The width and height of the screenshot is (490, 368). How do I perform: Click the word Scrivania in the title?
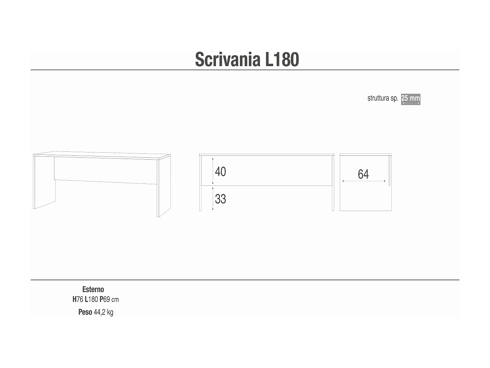tap(228, 60)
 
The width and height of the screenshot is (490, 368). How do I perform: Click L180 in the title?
tap(282, 60)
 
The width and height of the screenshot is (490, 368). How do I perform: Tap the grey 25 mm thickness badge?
tap(411, 99)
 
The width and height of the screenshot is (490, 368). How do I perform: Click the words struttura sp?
tap(383, 98)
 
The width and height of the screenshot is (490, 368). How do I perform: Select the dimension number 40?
tap(220, 172)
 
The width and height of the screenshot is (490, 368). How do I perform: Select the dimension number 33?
tap(220, 199)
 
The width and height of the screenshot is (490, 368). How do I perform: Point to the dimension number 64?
tap(363, 174)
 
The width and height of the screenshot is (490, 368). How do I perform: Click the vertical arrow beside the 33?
tap(213, 199)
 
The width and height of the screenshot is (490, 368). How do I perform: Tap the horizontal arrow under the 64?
tap(364, 181)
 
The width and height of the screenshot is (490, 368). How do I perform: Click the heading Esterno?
tap(93, 289)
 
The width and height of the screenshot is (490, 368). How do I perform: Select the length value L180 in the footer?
tap(91, 299)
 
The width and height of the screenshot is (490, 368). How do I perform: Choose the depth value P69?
tap(105, 299)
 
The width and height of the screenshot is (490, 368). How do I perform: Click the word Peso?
tap(85, 312)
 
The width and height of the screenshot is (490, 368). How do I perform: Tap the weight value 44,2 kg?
tap(104, 312)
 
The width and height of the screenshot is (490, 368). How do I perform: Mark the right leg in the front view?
tap(333, 183)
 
